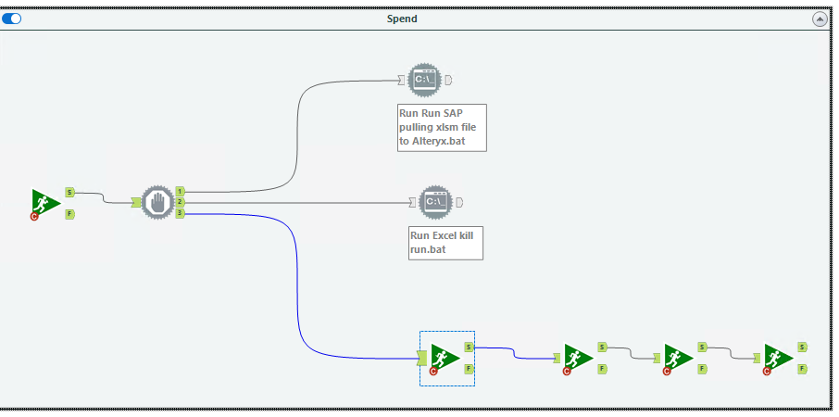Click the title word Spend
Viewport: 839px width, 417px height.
click(x=402, y=19)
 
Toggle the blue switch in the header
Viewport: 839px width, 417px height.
click(x=12, y=19)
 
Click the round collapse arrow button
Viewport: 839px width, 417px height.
click(x=820, y=19)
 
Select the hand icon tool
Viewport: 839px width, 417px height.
click(x=157, y=202)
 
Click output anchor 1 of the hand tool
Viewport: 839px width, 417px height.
click(x=180, y=191)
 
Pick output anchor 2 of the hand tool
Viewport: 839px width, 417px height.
click(x=180, y=202)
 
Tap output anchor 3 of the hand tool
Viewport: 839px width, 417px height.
click(x=180, y=213)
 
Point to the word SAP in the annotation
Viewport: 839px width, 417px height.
click(x=449, y=112)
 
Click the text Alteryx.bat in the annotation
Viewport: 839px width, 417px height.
click(x=435, y=141)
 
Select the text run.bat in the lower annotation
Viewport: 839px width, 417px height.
click(x=429, y=250)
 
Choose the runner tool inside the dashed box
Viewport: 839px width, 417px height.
click(x=445, y=358)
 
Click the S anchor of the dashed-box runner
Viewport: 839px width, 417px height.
click(x=469, y=347)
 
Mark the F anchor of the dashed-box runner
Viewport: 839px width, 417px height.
click(x=469, y=368)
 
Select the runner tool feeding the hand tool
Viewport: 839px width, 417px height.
click(x=44, y=203)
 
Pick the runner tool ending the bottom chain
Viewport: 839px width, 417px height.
click(x=779, y=358)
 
